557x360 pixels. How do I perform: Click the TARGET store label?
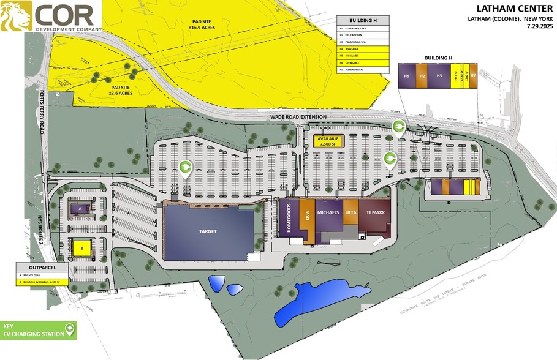pos(208,232)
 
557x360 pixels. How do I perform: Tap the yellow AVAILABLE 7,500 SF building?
pos(330,141)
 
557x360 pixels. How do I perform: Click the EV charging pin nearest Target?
pos(185,167)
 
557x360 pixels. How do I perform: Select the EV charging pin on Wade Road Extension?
pos(397,127)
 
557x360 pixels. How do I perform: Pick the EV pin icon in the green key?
pos(69,331)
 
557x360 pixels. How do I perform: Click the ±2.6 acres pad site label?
pos(123,90)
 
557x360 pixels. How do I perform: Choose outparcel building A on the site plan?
pos(80,208)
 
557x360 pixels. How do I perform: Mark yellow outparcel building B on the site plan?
pos(81,247)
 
